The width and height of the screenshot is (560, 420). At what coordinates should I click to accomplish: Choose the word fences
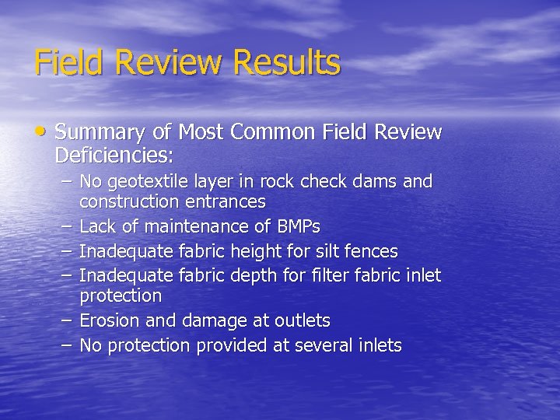pyautogui.click(x=372, y=252)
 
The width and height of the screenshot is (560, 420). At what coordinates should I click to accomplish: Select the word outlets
pyautogui.click(x=303, y=320)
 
